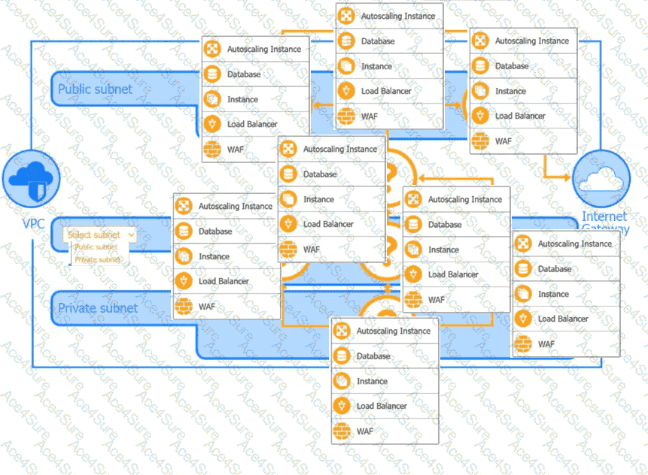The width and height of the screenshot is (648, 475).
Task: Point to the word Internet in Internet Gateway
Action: tap(604, 217)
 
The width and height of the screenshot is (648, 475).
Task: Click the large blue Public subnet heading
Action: tap(95, 89)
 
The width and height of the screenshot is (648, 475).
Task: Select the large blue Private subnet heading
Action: tap(98, 307)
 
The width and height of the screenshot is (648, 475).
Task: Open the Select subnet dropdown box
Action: tap(99, 234)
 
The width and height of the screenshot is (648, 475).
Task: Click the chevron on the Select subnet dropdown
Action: tap(132, 234)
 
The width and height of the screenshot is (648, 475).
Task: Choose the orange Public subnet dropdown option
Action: tap(96, 247)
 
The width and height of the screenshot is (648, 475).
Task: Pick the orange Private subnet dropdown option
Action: tap(98, 259)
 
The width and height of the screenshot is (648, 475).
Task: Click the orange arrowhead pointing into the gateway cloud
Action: tap(566, 177)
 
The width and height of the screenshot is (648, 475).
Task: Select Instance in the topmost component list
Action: tap(376, 66)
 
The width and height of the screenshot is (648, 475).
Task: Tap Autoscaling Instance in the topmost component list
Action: tap(397, 16)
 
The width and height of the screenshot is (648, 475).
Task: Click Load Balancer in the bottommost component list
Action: tap(382, 406)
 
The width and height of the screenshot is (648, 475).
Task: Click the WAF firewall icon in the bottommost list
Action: tap(342, 431)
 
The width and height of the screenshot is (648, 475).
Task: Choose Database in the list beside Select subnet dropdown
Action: tap(215, 231)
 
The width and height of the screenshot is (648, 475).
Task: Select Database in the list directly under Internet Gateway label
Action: tap(555, 269)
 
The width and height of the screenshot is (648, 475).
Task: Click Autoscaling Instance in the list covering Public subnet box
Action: tap(263, 50)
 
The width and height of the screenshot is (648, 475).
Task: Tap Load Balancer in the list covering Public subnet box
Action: tap(252, 124)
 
